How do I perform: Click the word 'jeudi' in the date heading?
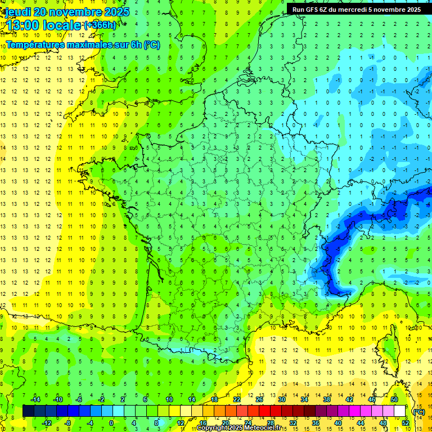[16, 12]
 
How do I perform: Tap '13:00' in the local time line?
[22, 25]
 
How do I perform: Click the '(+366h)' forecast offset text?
[100, 25]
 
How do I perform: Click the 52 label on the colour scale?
[405, 422]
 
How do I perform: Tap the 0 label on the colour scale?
[111, 422]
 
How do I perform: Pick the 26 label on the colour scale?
[259, 399]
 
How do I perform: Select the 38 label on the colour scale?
[326, 399]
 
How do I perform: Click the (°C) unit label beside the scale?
[418, 412]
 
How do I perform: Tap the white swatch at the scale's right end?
[400, 411]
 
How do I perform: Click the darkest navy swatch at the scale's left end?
[28, 411]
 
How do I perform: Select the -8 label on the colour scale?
[68, 422]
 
